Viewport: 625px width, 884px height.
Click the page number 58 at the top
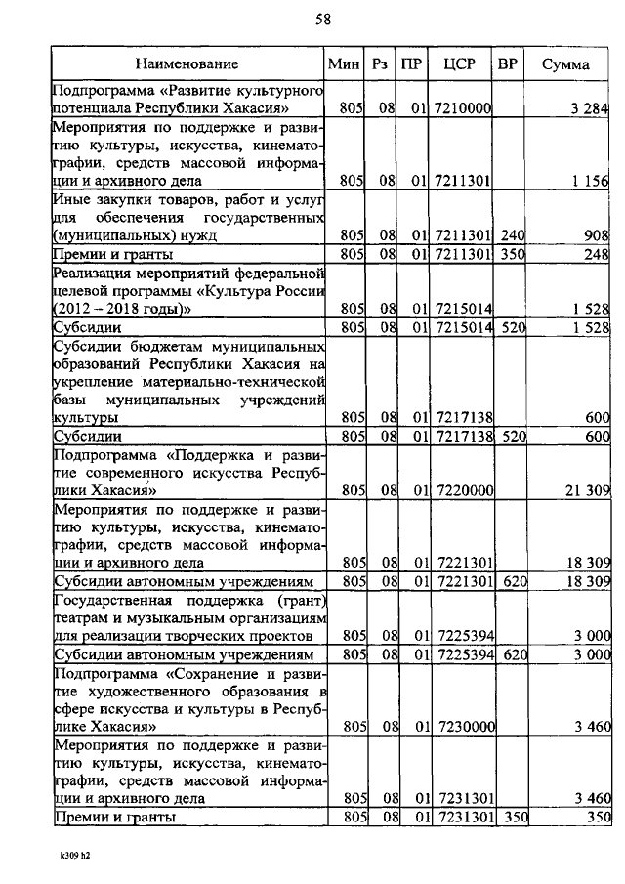322,21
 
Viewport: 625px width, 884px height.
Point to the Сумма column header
566,64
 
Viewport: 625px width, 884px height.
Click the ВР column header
507,64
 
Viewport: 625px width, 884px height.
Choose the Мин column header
344,64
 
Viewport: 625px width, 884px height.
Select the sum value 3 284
590,109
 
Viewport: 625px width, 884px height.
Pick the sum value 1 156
590,182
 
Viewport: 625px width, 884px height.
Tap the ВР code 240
508,235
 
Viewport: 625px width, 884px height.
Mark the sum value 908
596,235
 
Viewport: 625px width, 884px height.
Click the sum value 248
596,254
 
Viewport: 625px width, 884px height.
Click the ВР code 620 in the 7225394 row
508,654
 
